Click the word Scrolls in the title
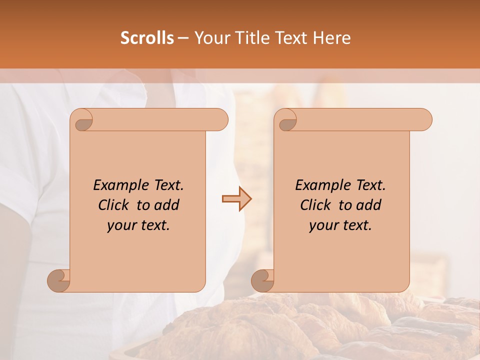tap(147, 38)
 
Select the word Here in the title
tap(331, 38)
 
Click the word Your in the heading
tap(212, 38)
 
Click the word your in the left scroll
tap(120, 226)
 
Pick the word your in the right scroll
tap(322, 226)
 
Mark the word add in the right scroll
tap(369, 205)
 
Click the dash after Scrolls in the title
tap(183, 38)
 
